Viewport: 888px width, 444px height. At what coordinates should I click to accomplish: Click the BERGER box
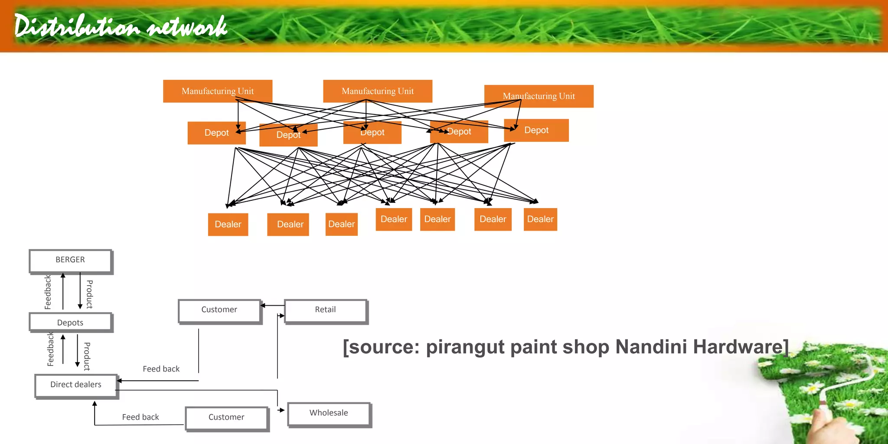coord(70,260)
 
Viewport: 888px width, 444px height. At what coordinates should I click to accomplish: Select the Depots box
coord(70,323)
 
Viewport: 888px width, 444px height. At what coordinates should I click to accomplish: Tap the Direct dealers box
coord(76,385)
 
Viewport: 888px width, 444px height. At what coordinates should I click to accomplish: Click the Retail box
coord(325,310)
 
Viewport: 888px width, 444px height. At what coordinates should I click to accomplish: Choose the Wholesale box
coord(329,413)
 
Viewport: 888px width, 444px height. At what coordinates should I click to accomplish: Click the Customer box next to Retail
coord(219,310)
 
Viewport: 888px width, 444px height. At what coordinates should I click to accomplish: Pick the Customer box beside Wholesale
coord(226,418)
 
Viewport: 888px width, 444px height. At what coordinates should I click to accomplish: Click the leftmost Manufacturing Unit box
coord(218,91)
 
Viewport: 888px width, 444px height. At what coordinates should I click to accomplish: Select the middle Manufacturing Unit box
coord(378,91)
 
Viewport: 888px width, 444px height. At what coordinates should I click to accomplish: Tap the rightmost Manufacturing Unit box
coord(539,96)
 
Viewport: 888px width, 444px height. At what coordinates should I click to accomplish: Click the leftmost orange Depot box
coord(216,133)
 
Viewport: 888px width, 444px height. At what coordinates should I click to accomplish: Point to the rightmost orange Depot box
coord(536,130)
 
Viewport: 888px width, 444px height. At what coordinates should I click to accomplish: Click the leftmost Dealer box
coord(228,224)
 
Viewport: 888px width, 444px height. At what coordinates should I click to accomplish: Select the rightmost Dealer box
coord(540,219)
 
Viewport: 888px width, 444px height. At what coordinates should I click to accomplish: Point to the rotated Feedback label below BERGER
coord(48,292)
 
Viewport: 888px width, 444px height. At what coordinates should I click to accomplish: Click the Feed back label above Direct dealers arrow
coord(161,369)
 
